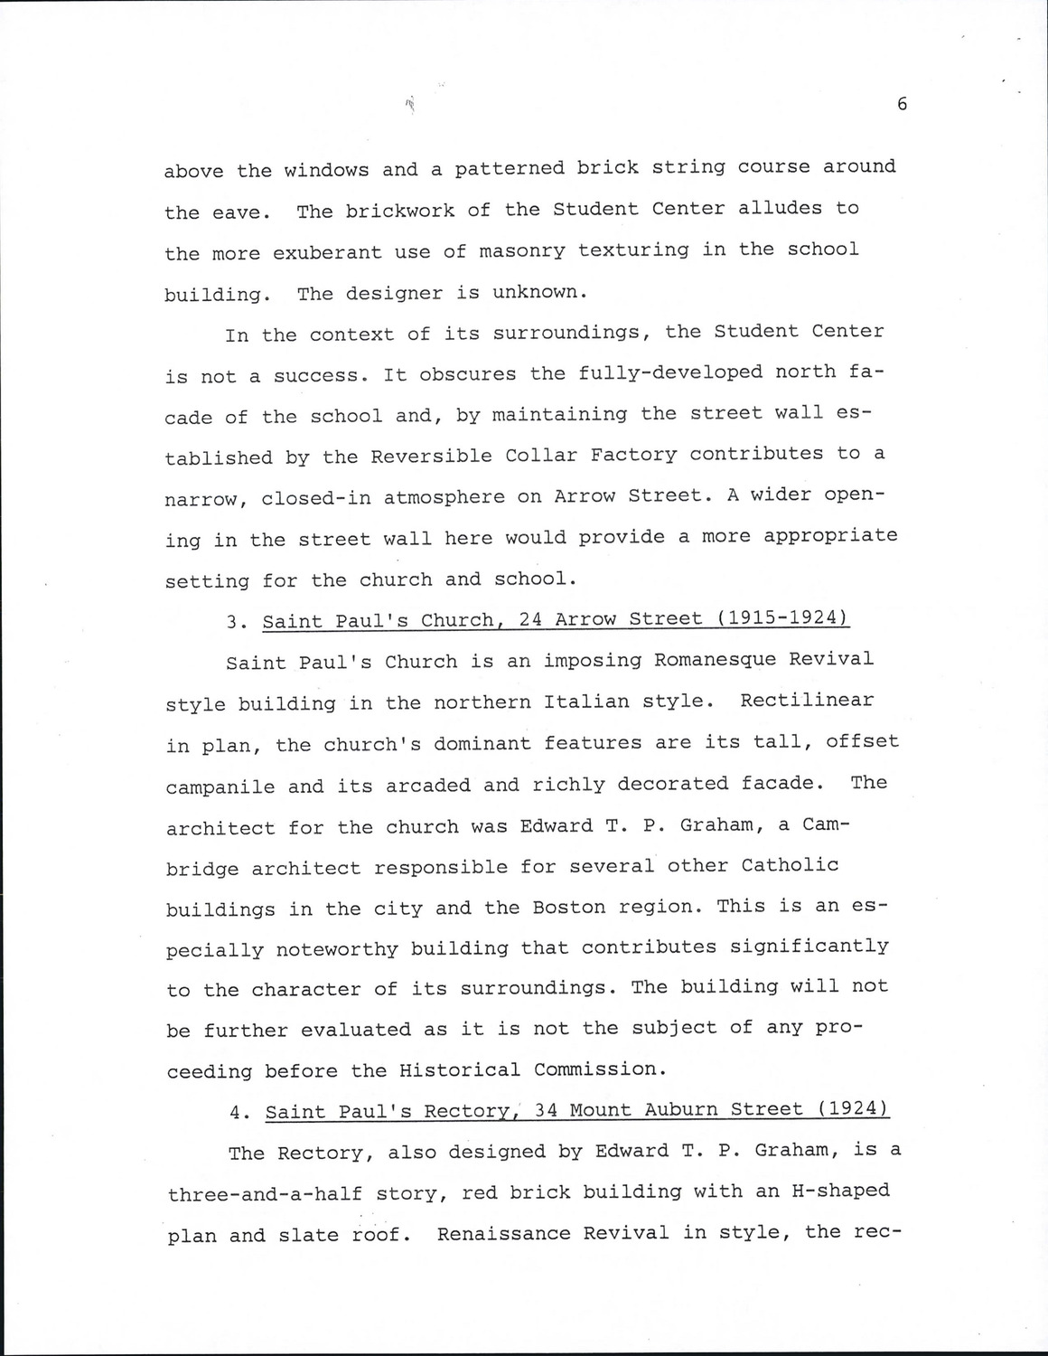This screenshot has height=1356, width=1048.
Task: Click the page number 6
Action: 902,104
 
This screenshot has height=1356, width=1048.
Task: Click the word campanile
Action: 220,786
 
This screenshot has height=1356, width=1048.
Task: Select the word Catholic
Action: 790,865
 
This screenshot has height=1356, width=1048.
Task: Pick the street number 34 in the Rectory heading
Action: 547,1110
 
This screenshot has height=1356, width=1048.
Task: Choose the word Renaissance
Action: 499,1233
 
